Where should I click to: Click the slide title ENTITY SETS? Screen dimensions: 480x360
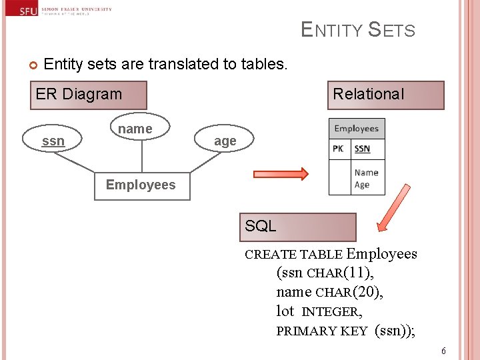click(x=358, y=30)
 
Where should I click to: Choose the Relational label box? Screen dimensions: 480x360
click(x=386, y=95)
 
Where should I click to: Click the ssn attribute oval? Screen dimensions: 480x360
click(x=53, y=141)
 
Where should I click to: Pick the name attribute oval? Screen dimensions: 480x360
click(x=135, y=129)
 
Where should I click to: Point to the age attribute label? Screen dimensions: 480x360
click(x=225, y=141)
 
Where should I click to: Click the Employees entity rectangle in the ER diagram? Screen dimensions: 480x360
click(x=141, y=185)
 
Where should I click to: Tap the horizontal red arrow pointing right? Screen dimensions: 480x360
click(x=280, y=175)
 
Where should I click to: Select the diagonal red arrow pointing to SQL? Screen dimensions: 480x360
click(x=393, y=207)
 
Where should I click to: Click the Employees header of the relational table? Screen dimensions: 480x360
click(x=357, y=129)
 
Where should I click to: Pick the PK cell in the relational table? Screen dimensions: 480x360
click(x=339, y=149)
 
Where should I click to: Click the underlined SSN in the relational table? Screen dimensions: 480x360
click(x=362, y=149)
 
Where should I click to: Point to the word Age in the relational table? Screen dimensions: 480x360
click(x=362, y=185)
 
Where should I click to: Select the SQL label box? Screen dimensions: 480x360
click(x=297, y=227)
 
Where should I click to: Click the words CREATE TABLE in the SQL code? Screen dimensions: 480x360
click(x=293, y=255)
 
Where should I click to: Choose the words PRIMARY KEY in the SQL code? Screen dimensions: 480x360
click(x=321, y=331)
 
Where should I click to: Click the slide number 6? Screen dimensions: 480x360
click(x=443, y=351)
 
